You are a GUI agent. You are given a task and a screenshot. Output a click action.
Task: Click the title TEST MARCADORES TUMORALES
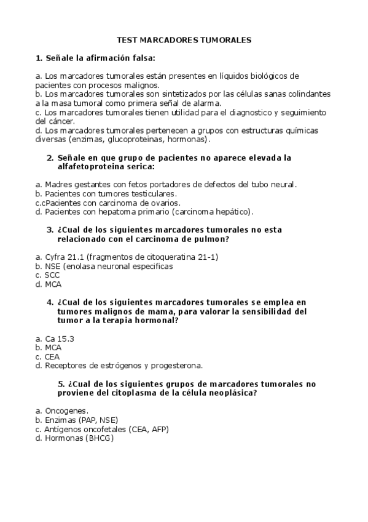point(184,40)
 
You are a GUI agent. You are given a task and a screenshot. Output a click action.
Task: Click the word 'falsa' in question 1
point(141,58)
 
